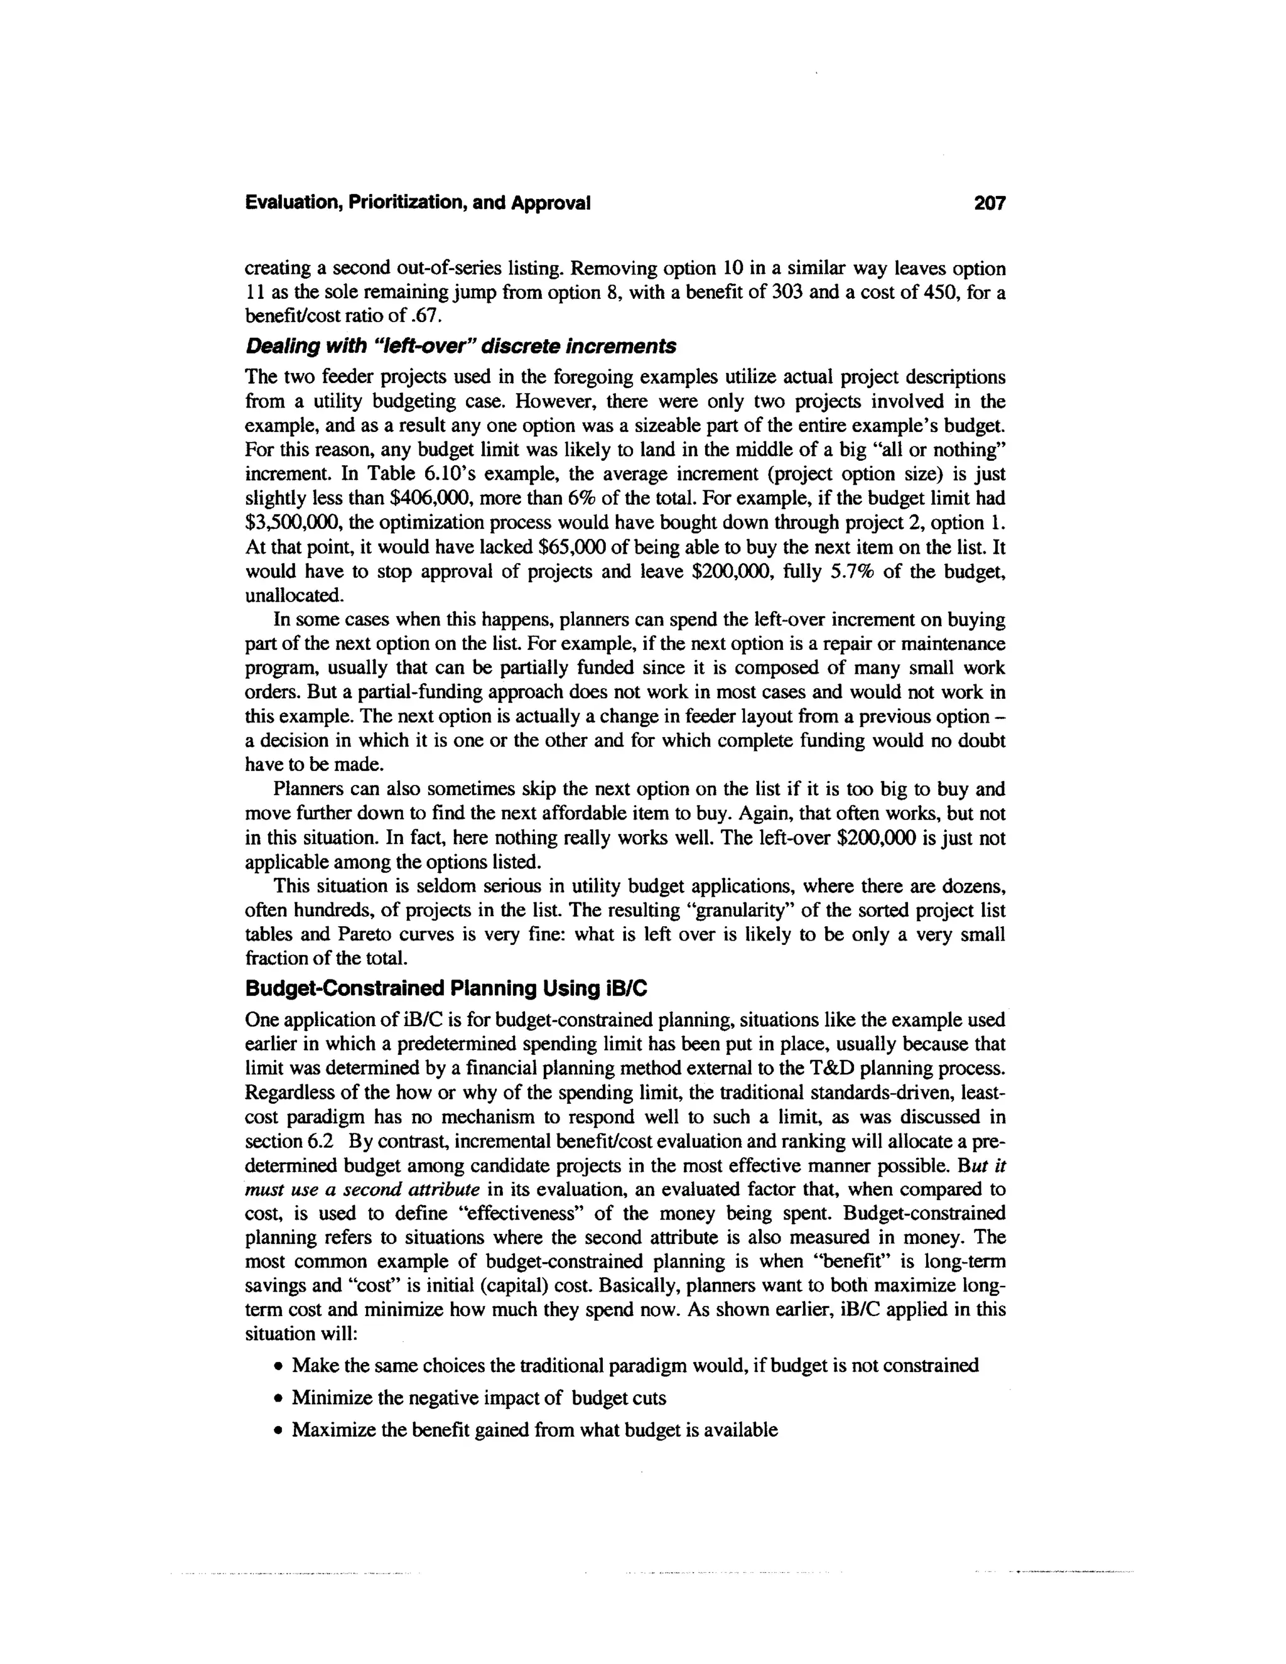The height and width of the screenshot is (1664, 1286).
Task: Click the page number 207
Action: coord(990,203)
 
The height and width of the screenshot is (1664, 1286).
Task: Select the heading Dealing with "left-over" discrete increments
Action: coord(460,347)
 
